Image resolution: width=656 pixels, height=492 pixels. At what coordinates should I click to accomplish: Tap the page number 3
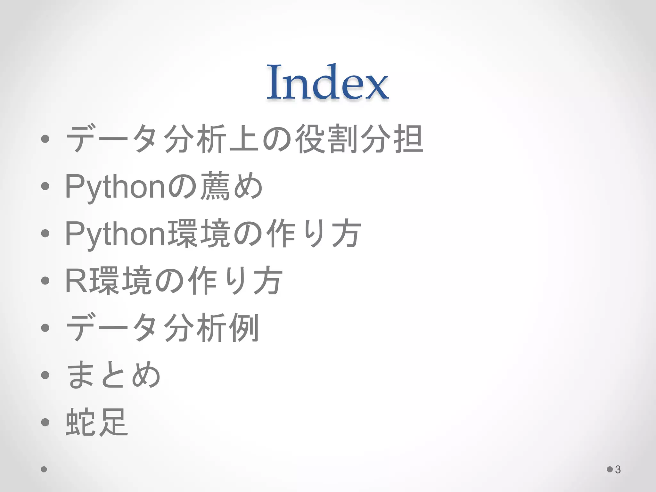(x=618, y=470)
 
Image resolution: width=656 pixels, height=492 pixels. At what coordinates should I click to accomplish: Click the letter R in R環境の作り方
(x=76, y=281)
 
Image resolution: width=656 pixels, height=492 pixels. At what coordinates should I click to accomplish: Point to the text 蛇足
(x=97, y=422)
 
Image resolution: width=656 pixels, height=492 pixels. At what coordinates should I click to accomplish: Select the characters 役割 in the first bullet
(x=326, y=139)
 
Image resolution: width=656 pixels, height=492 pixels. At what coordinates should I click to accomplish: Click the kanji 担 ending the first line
(x=408, y=139)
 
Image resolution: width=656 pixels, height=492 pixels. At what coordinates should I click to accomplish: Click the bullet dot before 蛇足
(x=45, y=422)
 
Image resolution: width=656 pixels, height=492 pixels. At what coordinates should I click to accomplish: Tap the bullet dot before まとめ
(x=45, y=375)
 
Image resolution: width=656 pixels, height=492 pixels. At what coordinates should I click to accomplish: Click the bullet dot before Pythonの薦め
(x=45, y=186)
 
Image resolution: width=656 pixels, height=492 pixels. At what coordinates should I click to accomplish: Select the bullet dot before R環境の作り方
(x=45, y=281)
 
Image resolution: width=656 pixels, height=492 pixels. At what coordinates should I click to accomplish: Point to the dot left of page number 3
(x=610, y=469)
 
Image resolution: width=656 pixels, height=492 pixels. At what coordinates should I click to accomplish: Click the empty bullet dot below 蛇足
(x=44, y=469)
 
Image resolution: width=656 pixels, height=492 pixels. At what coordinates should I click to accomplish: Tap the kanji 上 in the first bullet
(x=244, y=139)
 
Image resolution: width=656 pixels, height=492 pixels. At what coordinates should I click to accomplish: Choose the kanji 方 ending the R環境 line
(x=267, y=281)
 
